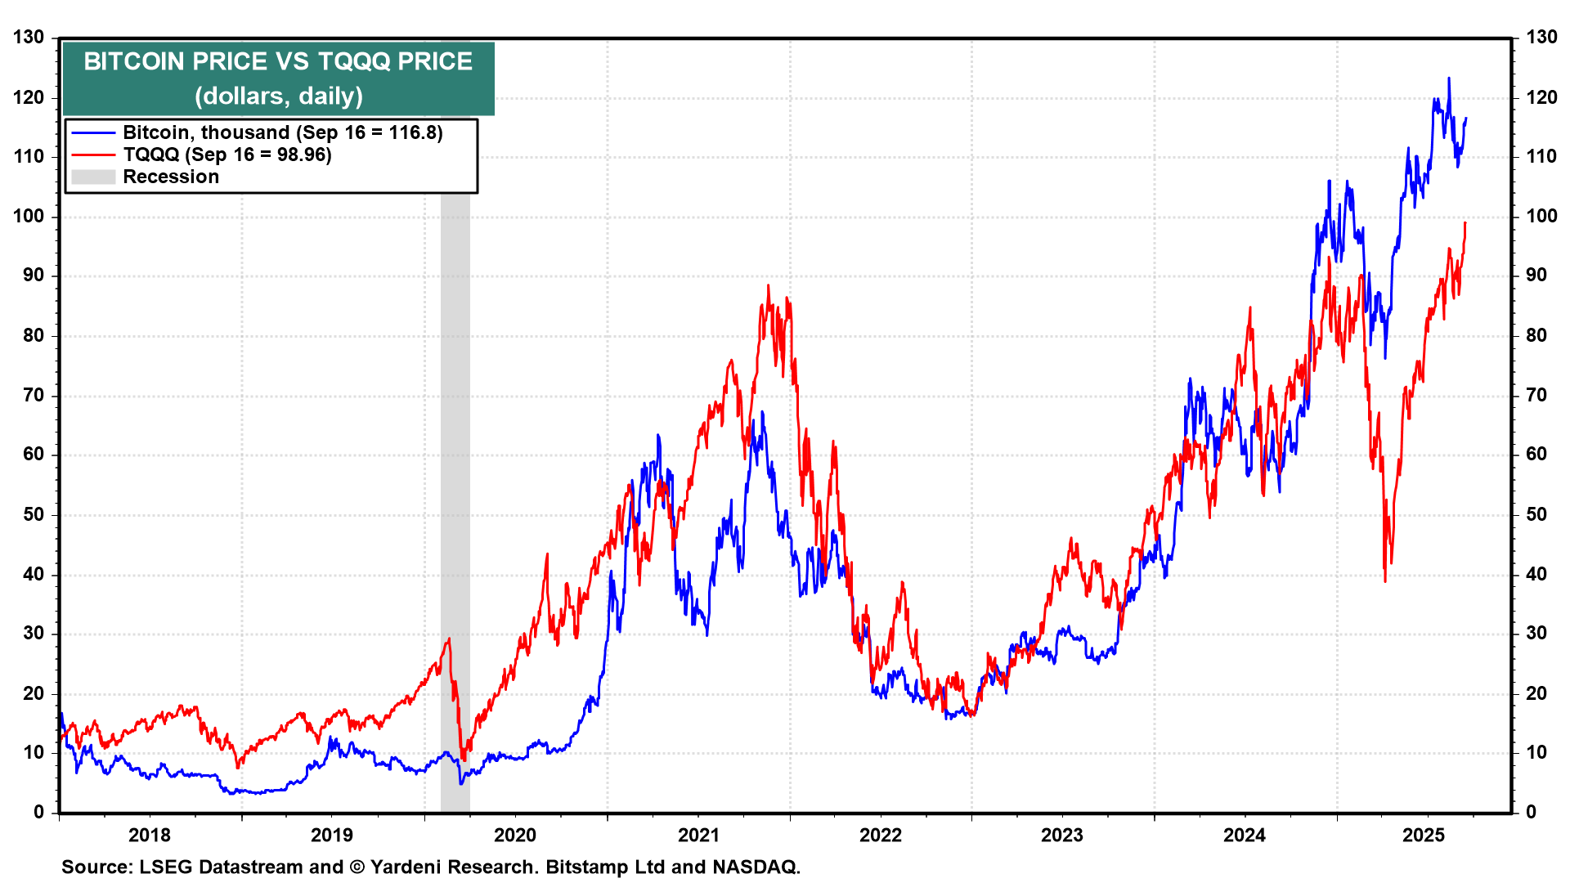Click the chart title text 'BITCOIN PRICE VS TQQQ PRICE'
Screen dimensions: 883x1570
(278, 61)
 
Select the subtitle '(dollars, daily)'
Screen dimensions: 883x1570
(278, 96)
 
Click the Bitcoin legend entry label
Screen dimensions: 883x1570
(282, 132)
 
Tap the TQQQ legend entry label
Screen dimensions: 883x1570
(227, 155)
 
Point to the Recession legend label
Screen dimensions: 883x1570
(171, 177)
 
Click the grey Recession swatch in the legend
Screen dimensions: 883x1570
(92, 177)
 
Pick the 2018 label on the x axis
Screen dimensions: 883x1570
(150, 835)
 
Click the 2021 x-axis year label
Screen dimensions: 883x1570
(698, 835)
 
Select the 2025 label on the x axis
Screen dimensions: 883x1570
(1424, 835)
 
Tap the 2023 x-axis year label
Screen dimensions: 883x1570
(1061, 835)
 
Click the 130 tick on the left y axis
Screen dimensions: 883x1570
(29, 38)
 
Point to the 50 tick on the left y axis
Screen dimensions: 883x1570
(34, 514)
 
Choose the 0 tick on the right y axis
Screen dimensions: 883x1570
(1531, 812)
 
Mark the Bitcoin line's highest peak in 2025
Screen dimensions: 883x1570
(1449, 78)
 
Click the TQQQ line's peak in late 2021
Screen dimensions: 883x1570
(768, 285)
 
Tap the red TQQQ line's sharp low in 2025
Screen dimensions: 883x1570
(1384, 581)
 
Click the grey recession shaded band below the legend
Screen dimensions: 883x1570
(455, 491)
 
